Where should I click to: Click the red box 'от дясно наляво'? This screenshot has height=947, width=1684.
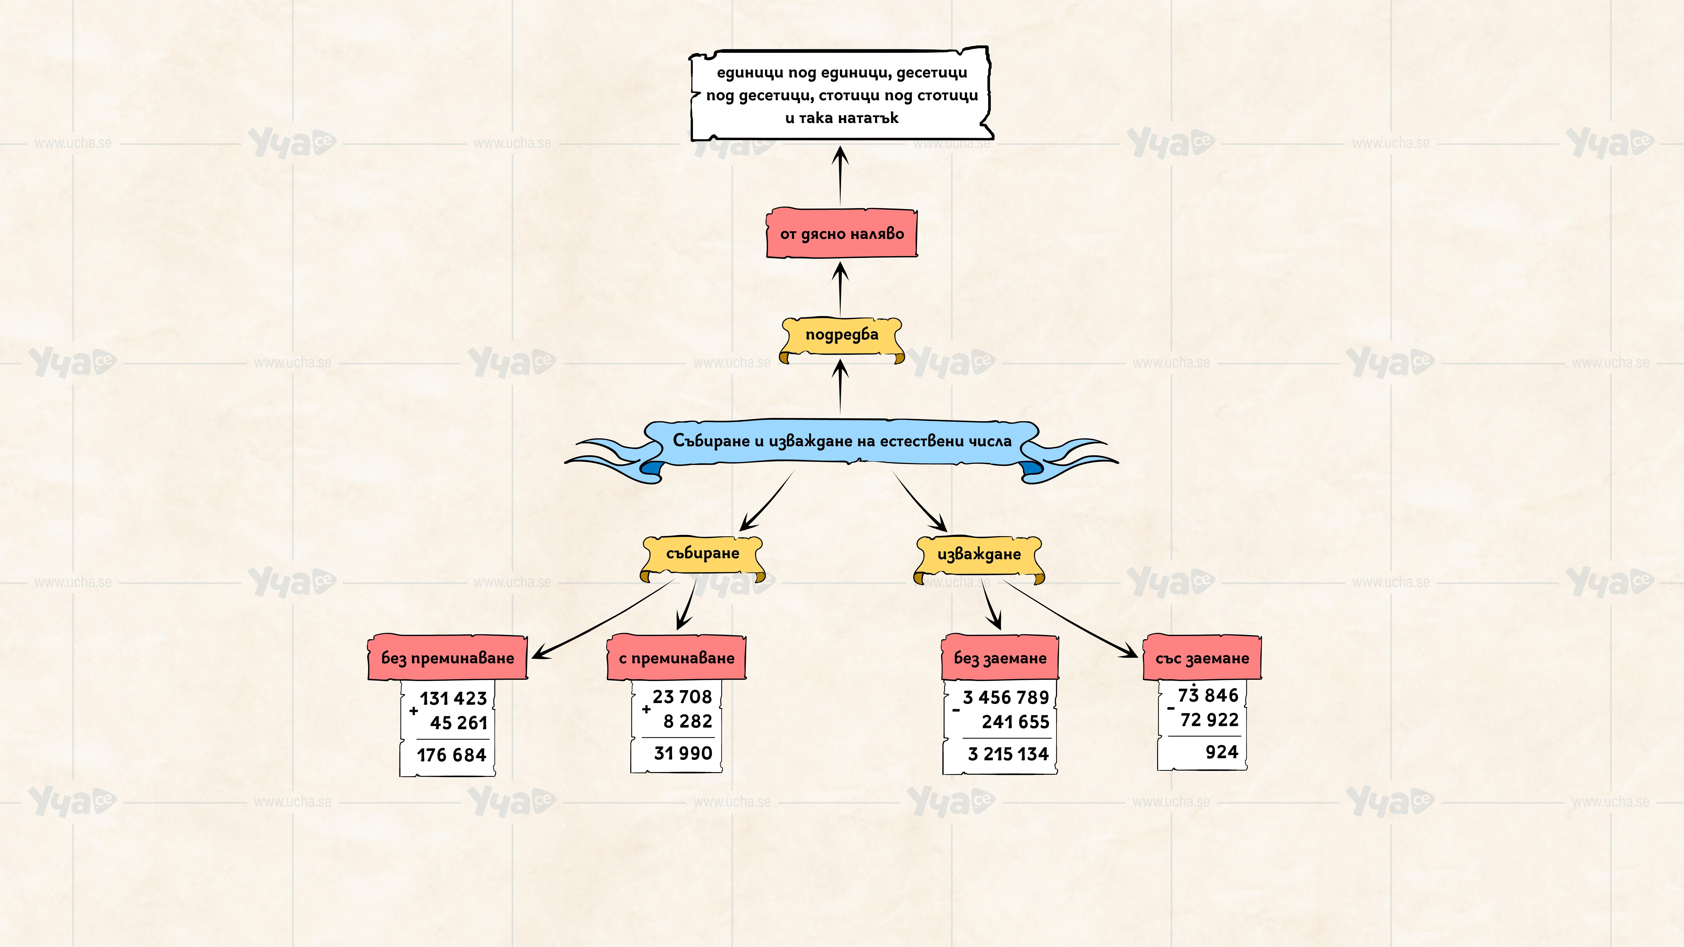tap(841, 233)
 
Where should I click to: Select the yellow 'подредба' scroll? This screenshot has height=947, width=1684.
tap(841, 335)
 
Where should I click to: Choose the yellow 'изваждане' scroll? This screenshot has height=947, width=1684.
tap(979, 555)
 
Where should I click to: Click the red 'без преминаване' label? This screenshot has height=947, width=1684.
tap(448, 657)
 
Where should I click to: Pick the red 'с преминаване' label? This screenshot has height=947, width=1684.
tap(677, 657)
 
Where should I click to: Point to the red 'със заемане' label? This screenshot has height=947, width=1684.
tap(1202, 657)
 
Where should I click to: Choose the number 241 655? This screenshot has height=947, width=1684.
tap(1015, 722)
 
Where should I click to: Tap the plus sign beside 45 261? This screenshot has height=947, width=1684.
tap(413, 710)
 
